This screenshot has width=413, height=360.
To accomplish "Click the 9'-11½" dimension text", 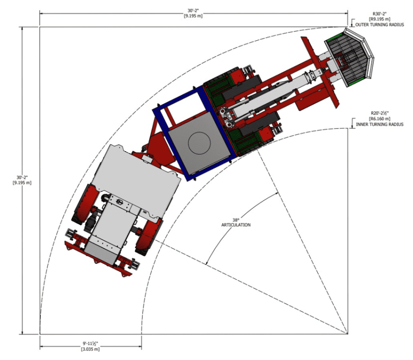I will coord(90,343).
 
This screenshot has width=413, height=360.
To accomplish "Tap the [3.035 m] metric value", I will coord(90,349).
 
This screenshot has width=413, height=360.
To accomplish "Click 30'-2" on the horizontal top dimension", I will coord(193,9).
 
